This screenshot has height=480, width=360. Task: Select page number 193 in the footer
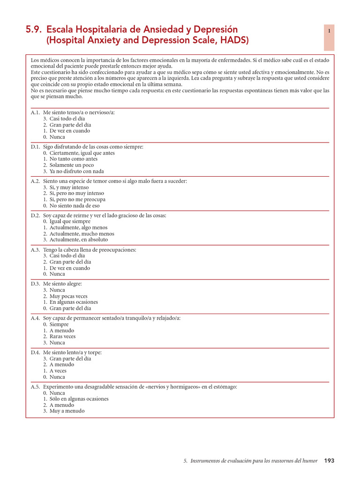click(x=329, y=461)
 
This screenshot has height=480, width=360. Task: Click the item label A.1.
click(x=36, y=112)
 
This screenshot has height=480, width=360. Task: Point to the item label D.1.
click(x=36, y=147)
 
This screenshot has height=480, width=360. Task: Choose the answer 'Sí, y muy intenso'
click(x=69, y=187)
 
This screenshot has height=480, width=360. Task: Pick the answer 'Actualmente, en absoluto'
click(x=78, y=240)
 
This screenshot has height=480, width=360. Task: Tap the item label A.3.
click(x=36, y=250)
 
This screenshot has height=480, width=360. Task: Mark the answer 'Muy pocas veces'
click(x=68, y=296)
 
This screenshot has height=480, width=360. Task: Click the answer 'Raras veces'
click(x=62, y=336)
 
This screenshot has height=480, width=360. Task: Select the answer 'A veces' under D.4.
click(x=58, y=370)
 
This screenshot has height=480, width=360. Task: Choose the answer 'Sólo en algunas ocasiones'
click(x=79, y=399)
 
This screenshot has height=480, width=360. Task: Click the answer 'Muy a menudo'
click(x=67, y=411)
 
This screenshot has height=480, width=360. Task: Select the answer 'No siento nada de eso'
click(x=75, y=205)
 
